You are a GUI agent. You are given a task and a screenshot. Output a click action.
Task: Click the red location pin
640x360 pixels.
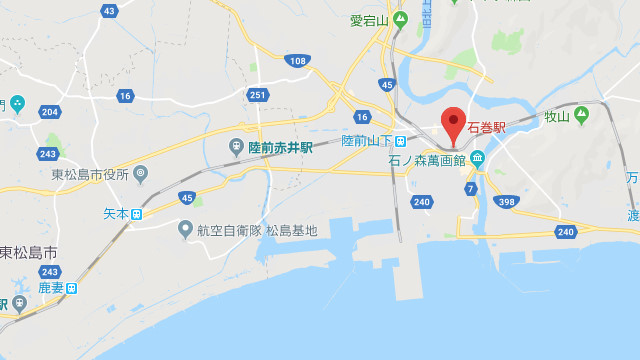click(453, 125)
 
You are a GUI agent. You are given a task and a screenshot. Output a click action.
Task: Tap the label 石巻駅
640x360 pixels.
click(486, 129)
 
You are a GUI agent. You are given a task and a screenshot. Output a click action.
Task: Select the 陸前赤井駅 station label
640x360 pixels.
click(279, 147)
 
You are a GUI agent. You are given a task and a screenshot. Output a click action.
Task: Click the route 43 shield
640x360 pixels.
click(109, 11)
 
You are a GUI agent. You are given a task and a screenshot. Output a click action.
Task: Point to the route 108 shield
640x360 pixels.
click(296, 61)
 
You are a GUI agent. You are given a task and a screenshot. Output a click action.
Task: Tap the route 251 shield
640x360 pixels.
click(258, 95)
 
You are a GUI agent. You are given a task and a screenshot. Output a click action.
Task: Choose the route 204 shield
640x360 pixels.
click(50, 113)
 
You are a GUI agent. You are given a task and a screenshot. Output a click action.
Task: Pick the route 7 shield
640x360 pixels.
click(469, 188)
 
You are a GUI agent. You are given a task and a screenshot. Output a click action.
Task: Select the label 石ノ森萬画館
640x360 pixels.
click(425, 159)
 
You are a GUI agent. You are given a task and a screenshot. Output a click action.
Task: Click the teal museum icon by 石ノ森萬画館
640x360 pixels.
click(477, 157)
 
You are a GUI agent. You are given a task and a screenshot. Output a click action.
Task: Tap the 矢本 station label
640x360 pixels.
click(117, 213)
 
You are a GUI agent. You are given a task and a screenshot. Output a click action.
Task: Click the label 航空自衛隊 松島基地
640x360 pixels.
click(256, 230)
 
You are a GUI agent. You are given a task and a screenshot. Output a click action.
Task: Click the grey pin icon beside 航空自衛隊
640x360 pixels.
click(185, 229)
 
